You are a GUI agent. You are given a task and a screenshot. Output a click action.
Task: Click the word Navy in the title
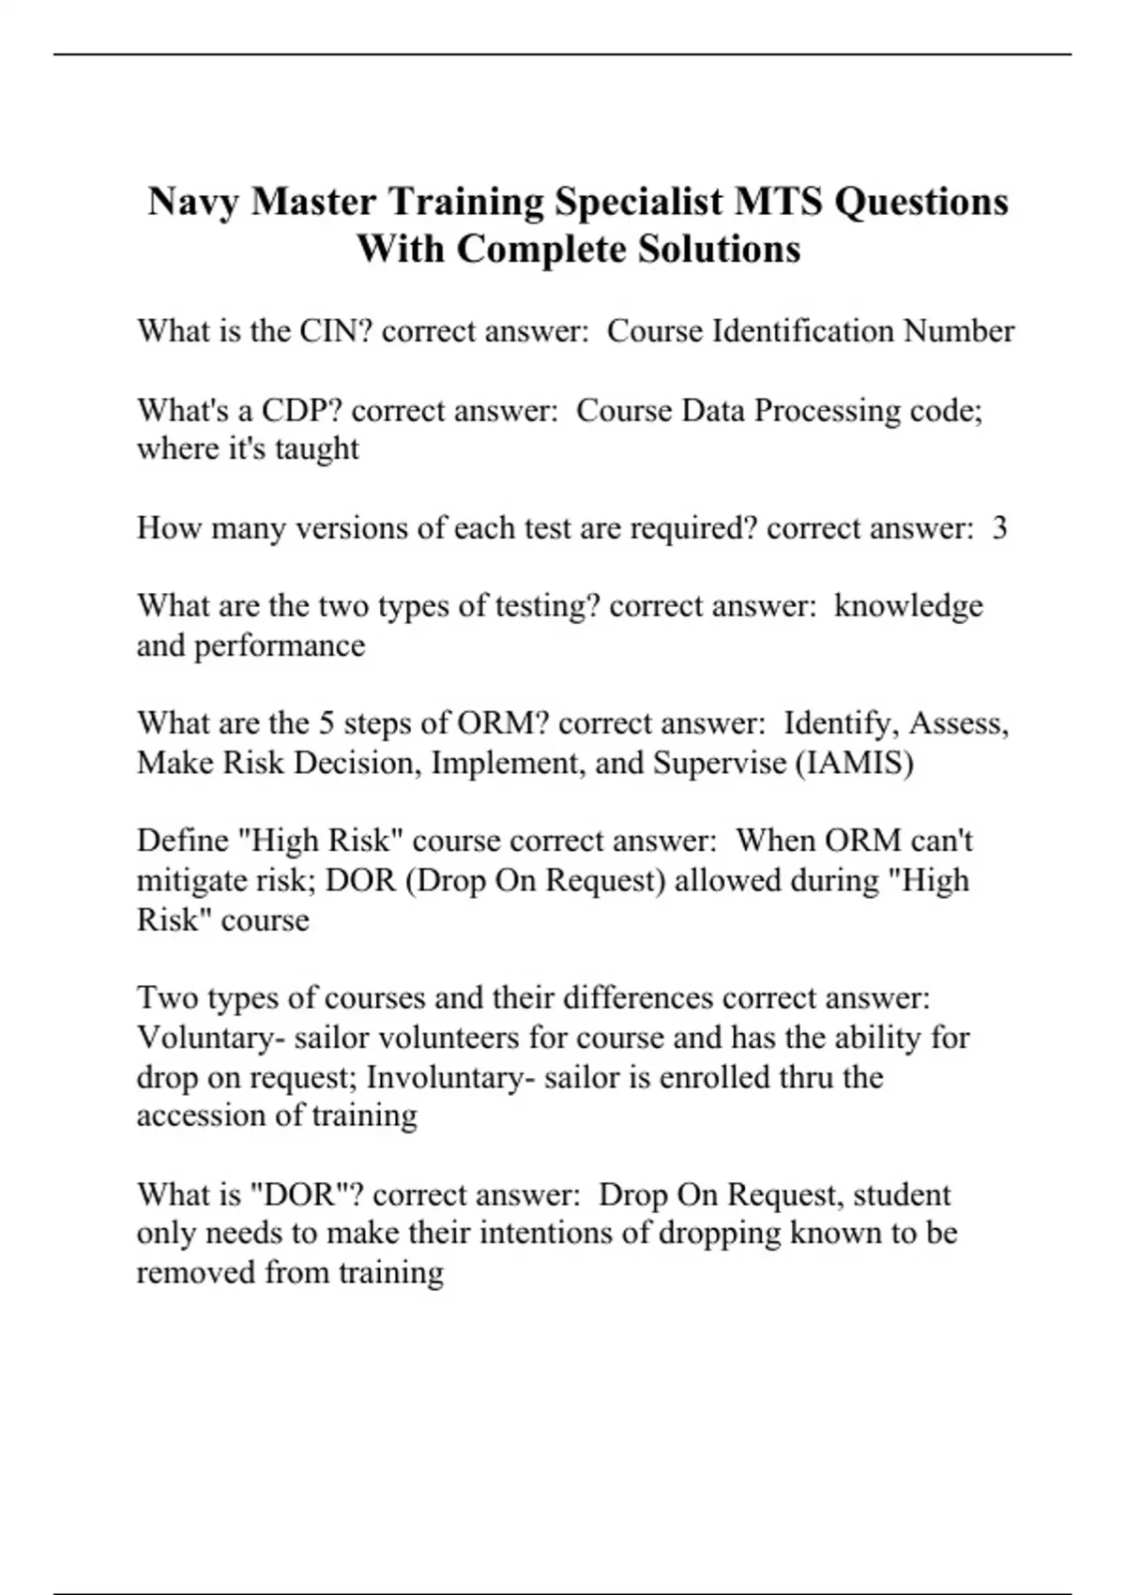pyautogui.click(x=194, y=203)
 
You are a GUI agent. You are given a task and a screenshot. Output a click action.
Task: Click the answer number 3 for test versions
pyautogui.click(x=999, y=528)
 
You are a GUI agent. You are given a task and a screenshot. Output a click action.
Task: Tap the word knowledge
pyautogui.click(x=908, y=606)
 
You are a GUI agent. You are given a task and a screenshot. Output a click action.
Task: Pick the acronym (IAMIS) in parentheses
pyautogui.click(x=854, y=763)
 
